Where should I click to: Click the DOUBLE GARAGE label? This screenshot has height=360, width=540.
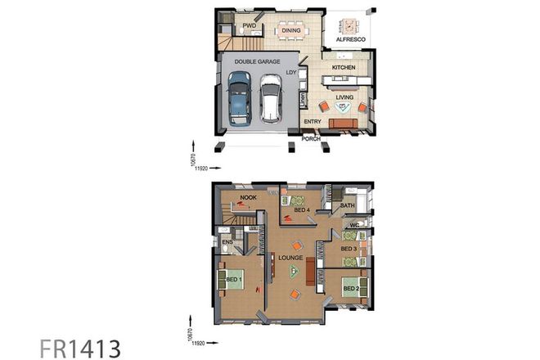point(258,61)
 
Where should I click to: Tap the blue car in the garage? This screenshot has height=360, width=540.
point(239,97)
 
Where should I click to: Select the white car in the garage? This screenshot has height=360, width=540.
point(271,97)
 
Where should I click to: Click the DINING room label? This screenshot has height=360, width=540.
point(291,31)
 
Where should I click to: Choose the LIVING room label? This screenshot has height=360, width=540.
point(344,97)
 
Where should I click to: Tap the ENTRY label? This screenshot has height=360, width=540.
point(312,122)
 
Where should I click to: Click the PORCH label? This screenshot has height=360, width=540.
point(311,139)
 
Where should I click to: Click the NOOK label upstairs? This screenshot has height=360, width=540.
point(249,196)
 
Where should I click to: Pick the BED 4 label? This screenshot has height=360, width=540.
point(301,210)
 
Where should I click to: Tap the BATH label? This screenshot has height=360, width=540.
point(347,206)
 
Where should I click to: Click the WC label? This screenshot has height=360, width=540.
point(354,225)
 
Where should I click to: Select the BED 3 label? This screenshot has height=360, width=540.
point(349,248)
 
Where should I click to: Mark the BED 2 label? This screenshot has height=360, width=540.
point(350,288)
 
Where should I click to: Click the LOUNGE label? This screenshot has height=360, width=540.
point(290,258)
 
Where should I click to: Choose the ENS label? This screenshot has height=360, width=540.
point(227,242)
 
